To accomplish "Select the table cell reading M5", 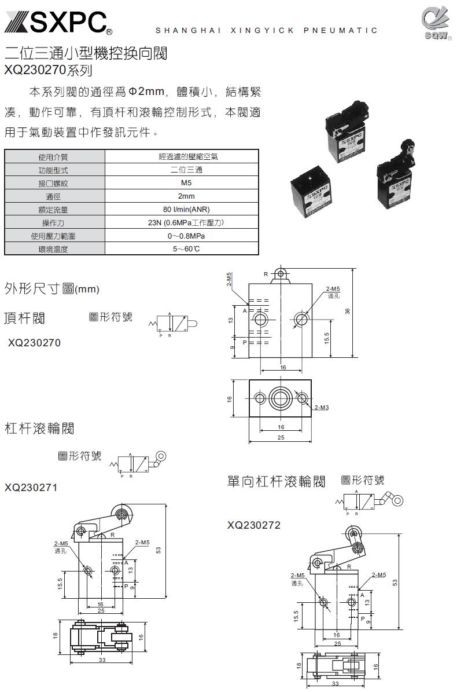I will pos(182,183).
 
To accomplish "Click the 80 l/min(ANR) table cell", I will pos(182,210).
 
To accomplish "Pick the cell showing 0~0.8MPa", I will pos(182,236).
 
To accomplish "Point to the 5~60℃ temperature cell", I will pos(182,249).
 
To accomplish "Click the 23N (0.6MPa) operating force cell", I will pos(182,223).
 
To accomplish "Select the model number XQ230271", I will pos(31,487).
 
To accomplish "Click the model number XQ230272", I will pos(254,525).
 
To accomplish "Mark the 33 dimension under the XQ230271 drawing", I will pos(102,660).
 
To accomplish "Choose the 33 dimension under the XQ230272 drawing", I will pos(336,684).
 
